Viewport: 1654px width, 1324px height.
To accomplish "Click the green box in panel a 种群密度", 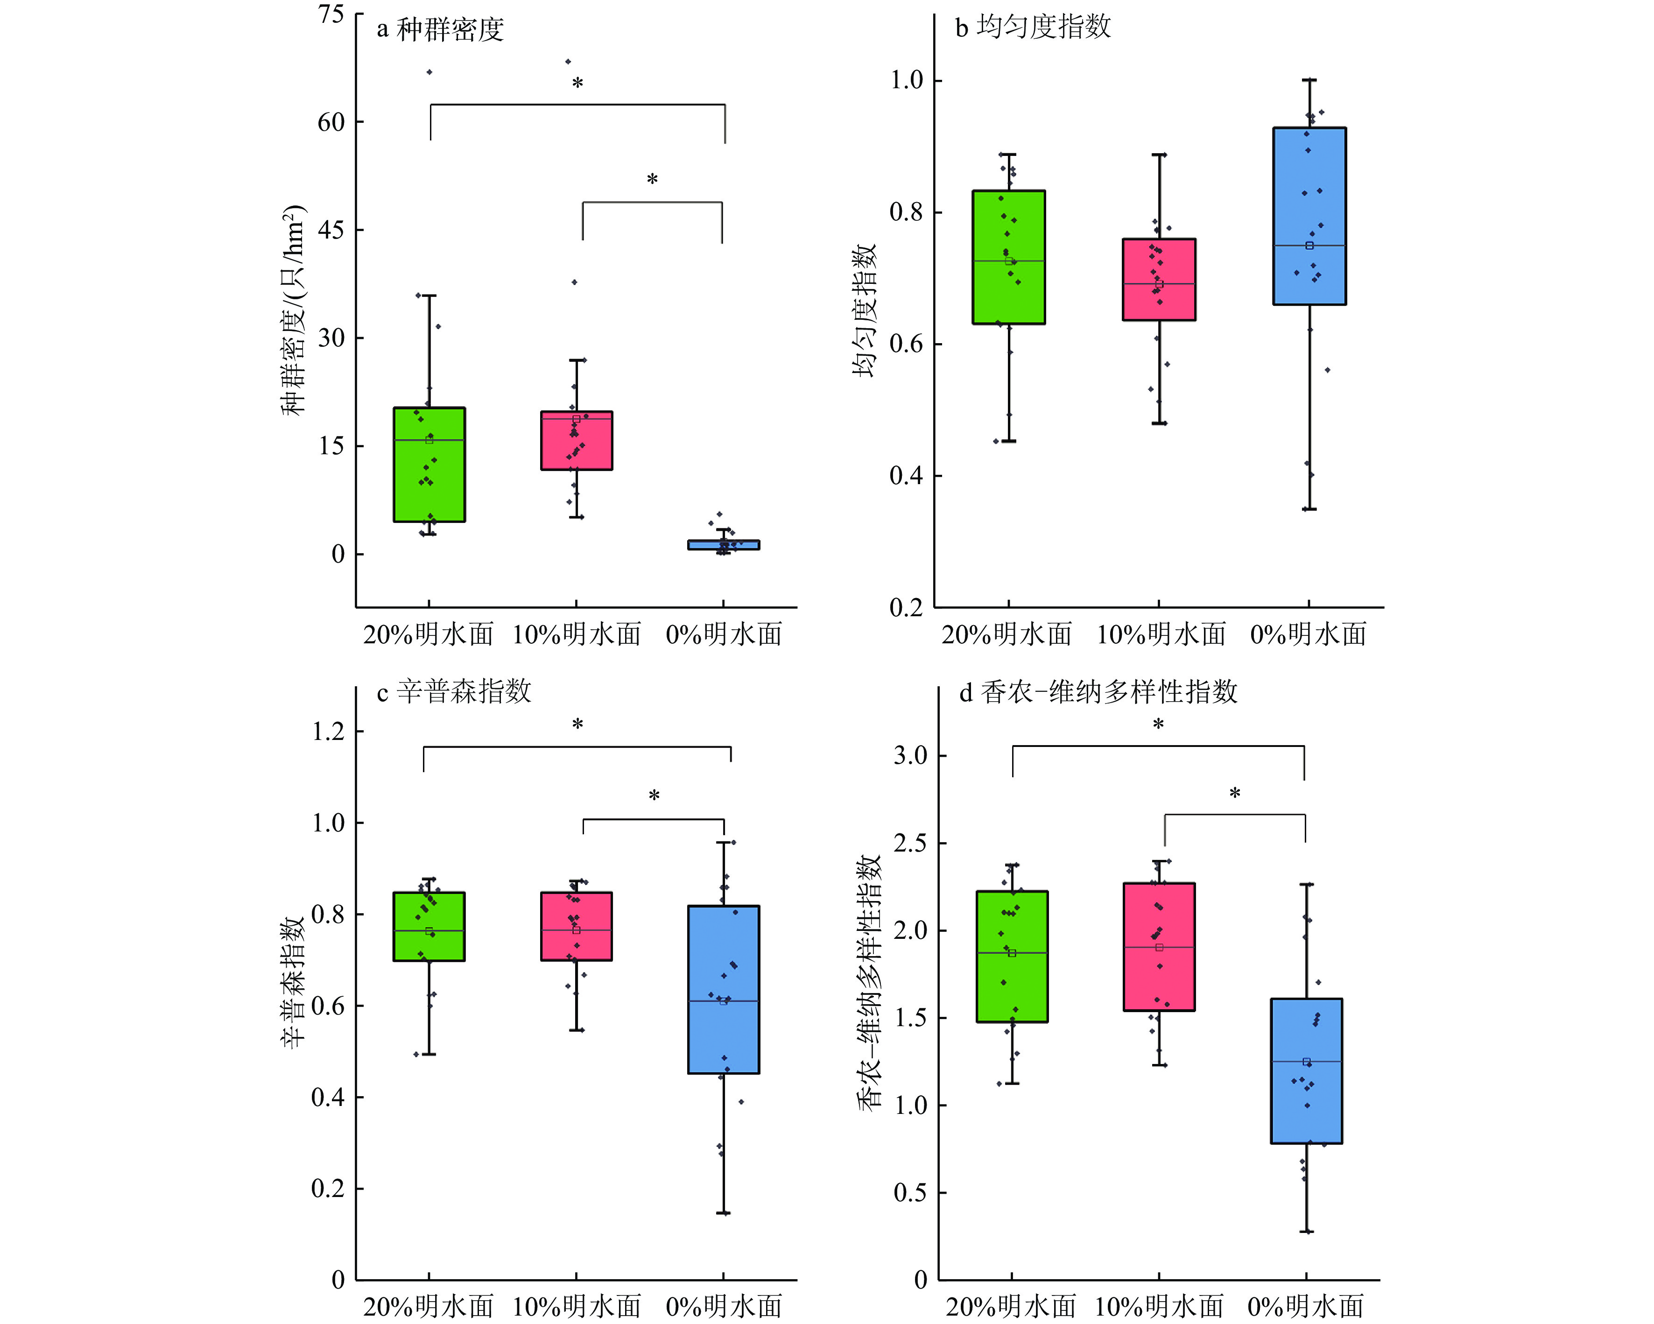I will click(429, 464).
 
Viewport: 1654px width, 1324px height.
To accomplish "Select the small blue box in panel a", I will click(724, 545).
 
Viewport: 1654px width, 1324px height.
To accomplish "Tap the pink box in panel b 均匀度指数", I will click(1158, 279).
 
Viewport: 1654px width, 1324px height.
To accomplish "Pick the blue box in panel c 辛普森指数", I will click(724, 990).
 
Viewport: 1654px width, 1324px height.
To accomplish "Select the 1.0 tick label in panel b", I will click(906, 80).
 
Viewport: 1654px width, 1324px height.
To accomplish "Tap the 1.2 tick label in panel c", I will click(328, 731).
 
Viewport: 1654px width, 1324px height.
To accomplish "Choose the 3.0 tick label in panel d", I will click(911, 755).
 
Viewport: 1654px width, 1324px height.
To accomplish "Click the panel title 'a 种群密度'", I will click(440, 29).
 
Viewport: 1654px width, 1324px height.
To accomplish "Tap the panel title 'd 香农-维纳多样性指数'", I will click(1098, 692).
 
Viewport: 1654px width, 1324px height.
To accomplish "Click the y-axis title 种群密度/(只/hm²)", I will click(294, 310).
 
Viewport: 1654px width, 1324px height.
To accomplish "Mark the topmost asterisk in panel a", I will click(577, 83).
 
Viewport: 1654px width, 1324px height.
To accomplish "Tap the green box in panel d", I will click(1012, 956).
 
